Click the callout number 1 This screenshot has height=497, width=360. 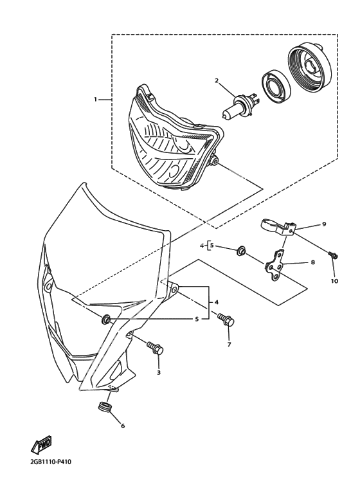pyautogui.click(x=95, y=100)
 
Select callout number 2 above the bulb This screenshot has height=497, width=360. pyautogui.click(x=217, y=80)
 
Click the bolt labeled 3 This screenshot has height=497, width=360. pyautogui.click(x=155, y=348)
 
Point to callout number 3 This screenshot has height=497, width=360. pyautogui.click(x=159, y=372)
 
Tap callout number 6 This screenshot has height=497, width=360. pyautogui.click(x=123, y=426)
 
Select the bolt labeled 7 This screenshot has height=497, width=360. pyautogui.click(x=226, y=320)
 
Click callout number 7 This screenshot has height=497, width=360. pyautogui.click(x=229, y=344)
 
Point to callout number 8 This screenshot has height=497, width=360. pyautogui.click(x=313, y=262)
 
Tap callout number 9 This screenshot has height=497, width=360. pyautogui.click(x=324, y=224)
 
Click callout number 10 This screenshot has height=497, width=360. pyautogui.click(x=335, y=281)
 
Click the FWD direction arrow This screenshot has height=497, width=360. pyautogui.click(x=41, y=444)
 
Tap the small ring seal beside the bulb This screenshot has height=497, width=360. pyautogui.click(x=276, y=86)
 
